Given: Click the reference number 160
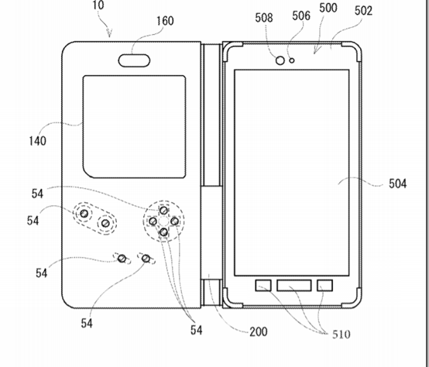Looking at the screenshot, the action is click(165, 21).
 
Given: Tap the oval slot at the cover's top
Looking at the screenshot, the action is click(134, 60).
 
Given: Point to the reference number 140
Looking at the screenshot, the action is click(37, 141).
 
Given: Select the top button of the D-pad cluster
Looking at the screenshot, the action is click(163, 211).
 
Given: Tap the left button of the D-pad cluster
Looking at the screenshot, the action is click(153, 221).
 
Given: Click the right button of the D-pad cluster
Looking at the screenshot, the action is click(174, 221).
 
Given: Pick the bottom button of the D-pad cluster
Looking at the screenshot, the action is click(163, 232).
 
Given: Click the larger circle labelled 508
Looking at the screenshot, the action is click(280, 60).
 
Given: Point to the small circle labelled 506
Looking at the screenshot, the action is click(292, 60).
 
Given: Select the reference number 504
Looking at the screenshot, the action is click(397, 183).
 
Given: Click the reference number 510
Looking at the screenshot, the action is click(341, 334).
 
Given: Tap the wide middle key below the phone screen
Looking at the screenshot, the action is click(294, 285).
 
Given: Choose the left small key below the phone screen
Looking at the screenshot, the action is click(263, 285).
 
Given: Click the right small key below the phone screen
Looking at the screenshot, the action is click(324, 285).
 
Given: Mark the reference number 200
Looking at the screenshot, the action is click(259, 331).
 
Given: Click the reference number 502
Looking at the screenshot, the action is click(363, 11).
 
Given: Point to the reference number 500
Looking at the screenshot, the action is click(328, 8).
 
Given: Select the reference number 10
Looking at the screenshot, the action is click(98, 5).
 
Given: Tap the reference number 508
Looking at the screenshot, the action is click(264, 18).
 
